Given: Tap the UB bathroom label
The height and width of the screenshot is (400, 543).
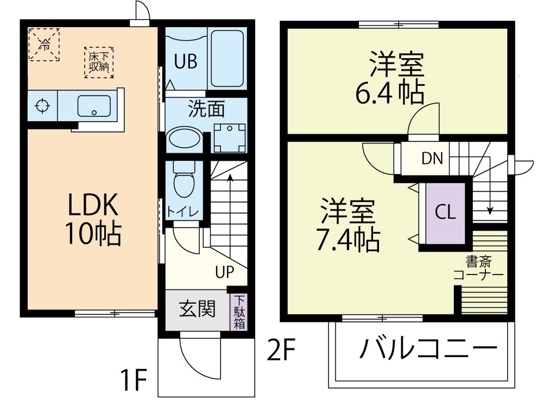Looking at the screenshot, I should (185, 62).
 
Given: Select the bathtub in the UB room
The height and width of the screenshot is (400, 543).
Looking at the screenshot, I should (227, 58).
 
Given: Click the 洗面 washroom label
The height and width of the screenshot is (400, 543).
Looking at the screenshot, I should (206, 109).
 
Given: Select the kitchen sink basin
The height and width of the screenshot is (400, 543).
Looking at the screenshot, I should (94, 106).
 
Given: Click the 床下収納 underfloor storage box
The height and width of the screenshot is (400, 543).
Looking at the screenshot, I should (99, 62).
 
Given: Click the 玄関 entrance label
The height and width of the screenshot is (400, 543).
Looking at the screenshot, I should (197, 309).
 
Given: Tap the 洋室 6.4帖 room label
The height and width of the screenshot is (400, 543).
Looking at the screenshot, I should (389, 78).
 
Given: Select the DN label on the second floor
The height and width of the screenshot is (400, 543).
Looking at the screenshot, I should (432, 159).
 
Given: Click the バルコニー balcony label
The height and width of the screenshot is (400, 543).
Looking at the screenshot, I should (428, 349).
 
